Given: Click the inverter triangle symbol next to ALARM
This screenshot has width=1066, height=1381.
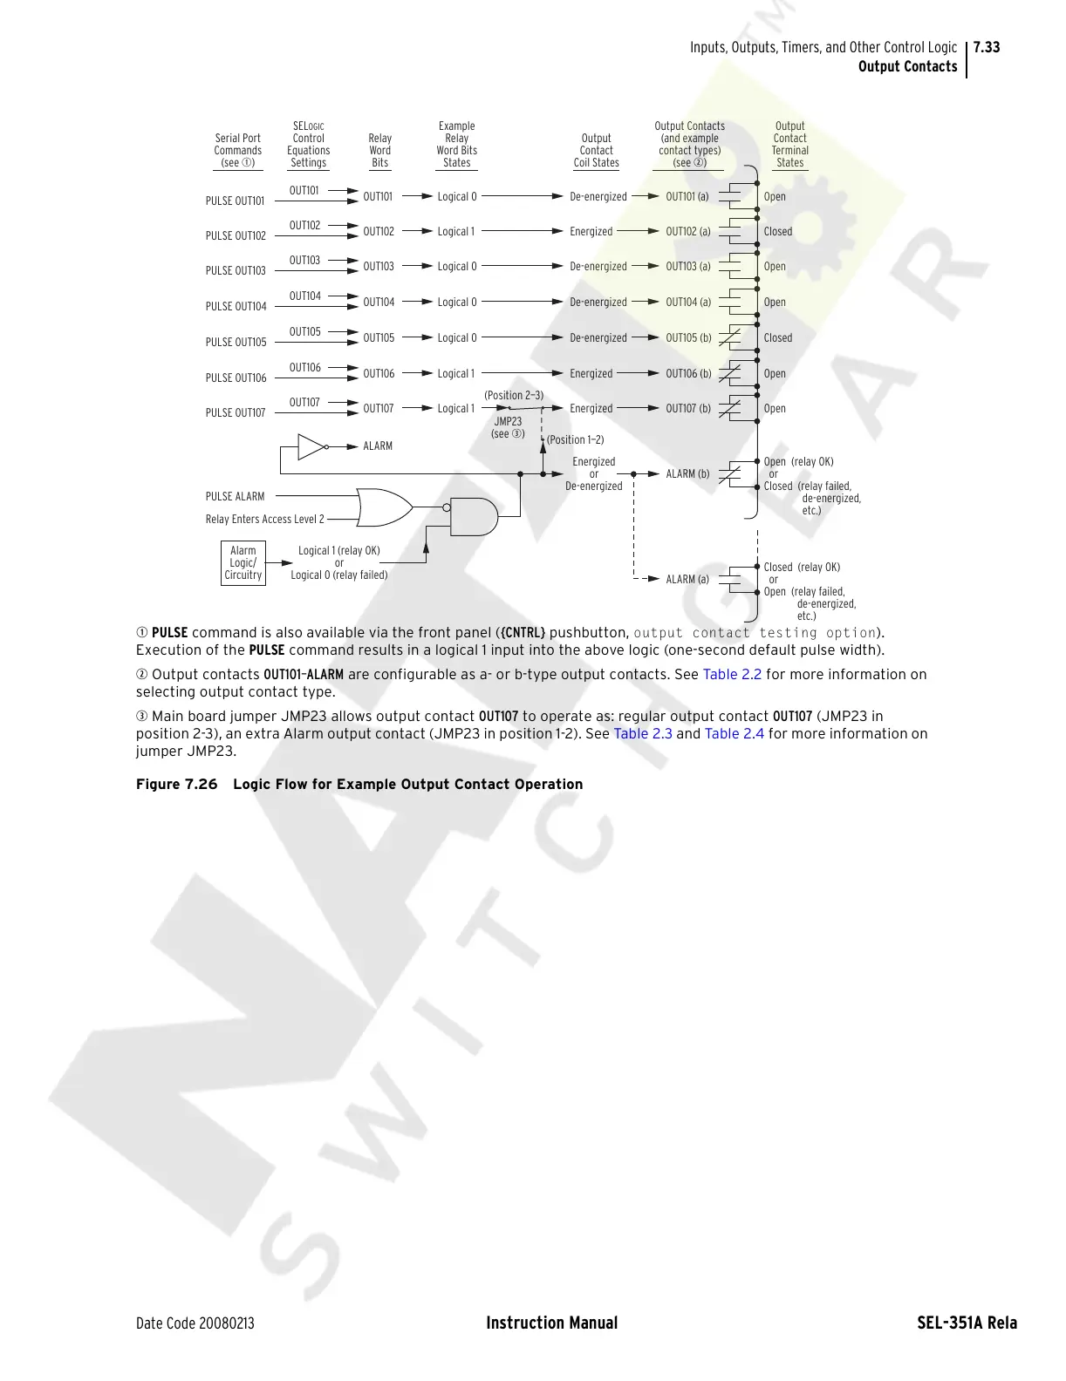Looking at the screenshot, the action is (311, 446).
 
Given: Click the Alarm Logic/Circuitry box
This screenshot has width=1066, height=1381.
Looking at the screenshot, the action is (243, 563).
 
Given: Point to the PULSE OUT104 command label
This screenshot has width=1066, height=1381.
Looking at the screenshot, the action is (236, 307).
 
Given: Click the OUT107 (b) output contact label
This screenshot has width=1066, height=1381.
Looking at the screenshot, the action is (688, 408).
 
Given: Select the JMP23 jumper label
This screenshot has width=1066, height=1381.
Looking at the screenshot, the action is (508, 421).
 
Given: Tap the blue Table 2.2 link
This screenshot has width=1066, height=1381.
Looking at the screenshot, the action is (732, 674).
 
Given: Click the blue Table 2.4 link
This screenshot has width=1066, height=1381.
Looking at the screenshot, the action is (734, 733).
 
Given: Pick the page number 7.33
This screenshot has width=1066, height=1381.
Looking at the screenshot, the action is (987, 47).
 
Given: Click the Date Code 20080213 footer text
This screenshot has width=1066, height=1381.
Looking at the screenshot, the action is (195, 1323).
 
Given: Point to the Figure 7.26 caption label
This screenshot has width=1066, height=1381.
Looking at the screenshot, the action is (177, 784).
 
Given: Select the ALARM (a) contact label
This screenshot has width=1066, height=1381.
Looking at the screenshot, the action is (687, 579).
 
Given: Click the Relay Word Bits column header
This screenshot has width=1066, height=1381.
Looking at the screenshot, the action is (380, 150).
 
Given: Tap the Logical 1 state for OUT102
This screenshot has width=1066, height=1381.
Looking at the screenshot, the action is (456, 232).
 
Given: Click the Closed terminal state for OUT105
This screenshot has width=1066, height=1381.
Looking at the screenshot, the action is (778, 337).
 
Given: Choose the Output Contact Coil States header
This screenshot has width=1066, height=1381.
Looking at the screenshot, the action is (597, 150).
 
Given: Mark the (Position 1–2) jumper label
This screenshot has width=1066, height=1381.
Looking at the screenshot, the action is (575, 439).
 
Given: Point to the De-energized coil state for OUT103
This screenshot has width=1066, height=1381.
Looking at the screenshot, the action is (598, 267).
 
